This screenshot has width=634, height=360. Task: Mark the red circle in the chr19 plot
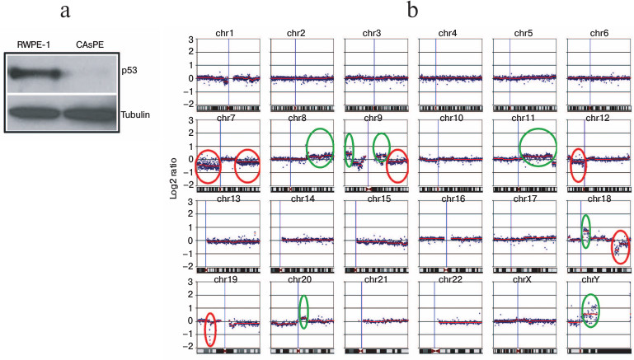point(210,330)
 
